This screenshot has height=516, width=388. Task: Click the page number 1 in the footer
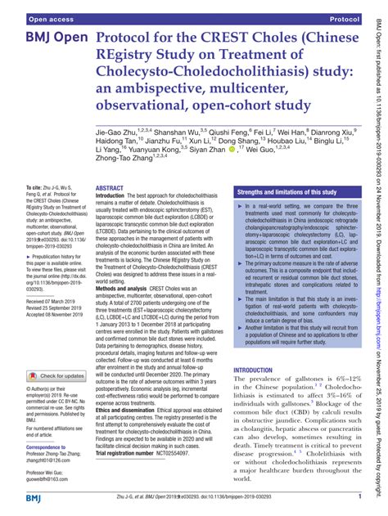point(359,496)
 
